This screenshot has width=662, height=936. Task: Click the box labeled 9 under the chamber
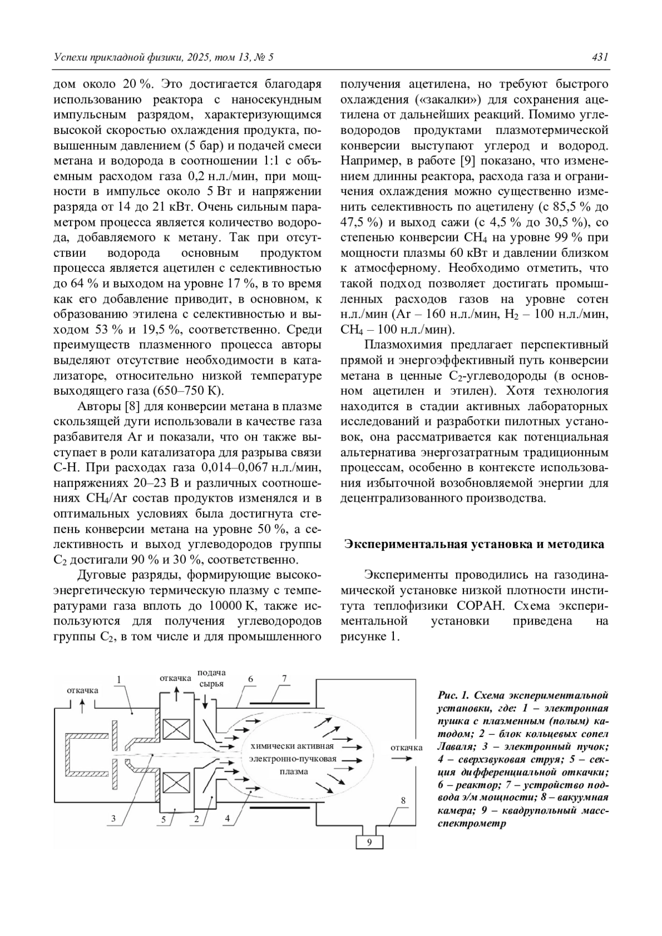point(369,842)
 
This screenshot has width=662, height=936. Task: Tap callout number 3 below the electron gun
point(114,819)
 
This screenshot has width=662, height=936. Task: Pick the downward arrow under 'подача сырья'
point(205,702)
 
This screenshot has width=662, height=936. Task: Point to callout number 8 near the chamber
point(403,800)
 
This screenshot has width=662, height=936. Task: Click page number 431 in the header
point(600,57)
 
